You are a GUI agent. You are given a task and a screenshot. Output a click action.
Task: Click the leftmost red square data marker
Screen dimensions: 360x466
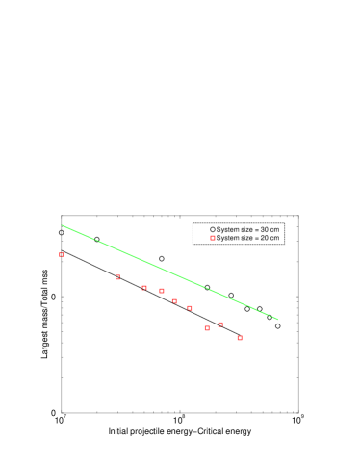coord(62,254)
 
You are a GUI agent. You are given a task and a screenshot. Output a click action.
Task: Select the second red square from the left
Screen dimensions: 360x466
coord(118,277)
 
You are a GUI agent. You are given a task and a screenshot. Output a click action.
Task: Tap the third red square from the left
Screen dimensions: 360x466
coord(144,287)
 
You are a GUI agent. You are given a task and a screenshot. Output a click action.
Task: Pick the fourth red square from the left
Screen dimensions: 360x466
coord(162,291)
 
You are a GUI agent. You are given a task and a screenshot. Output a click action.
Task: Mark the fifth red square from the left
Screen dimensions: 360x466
coord(174,300)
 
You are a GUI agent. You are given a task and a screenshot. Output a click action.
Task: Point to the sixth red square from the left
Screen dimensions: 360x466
coord(190,308)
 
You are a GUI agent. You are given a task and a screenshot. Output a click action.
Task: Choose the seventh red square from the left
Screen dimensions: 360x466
coord(207,328)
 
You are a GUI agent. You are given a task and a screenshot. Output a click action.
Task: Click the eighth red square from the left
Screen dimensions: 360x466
coord(220,324)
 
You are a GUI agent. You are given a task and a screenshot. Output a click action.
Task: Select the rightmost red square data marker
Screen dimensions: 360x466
coord(240,338)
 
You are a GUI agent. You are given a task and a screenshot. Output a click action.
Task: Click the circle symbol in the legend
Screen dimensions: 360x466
coord(213,229)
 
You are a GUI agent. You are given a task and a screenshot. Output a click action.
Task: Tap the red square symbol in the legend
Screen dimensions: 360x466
coord(213,238)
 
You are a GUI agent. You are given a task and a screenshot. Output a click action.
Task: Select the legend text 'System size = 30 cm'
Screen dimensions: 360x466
coord(247,229)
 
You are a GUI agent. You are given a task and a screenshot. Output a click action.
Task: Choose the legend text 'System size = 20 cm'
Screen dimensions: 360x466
coord(247,238)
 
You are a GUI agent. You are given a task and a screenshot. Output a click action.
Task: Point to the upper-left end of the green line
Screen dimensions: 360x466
coord(63,225)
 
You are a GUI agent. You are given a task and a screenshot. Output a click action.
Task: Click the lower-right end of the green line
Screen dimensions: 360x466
coord(278,319)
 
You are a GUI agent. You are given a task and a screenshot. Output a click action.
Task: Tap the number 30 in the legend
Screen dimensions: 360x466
coord(265,229)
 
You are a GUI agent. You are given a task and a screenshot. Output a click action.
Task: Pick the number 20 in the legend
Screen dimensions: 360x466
coord(265,238)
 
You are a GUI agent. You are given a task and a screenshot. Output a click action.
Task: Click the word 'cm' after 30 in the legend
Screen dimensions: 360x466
coord(275,229)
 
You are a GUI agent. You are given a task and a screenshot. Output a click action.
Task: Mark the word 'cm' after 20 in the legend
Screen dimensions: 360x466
coord(275,238)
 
